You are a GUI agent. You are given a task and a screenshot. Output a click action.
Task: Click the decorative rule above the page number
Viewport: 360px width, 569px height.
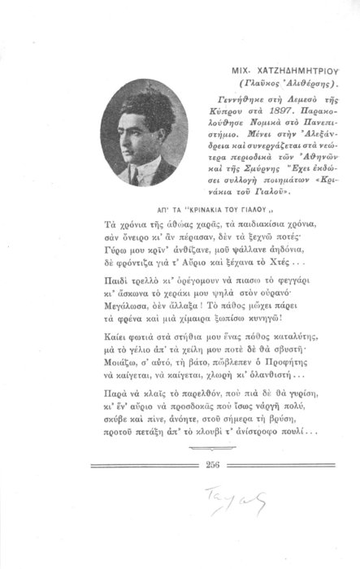tap(192, 469)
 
